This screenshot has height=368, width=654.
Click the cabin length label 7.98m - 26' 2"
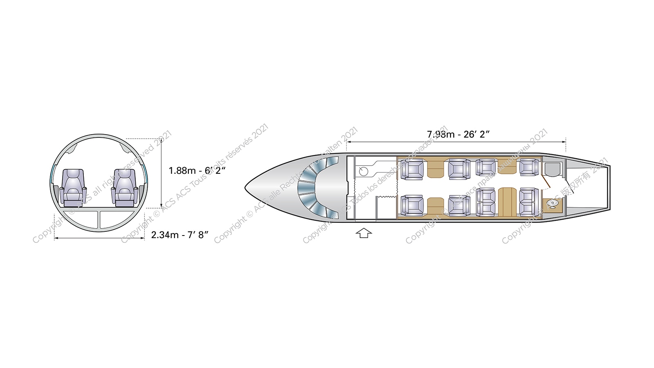pos(458,134)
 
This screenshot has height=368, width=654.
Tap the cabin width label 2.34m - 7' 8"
pos(180,235)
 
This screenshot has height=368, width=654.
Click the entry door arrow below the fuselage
pos(364,233)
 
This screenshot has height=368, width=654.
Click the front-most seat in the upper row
pos(412,169)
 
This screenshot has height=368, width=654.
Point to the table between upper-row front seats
pos(435,169)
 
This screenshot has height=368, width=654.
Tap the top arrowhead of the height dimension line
pos(162,140)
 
